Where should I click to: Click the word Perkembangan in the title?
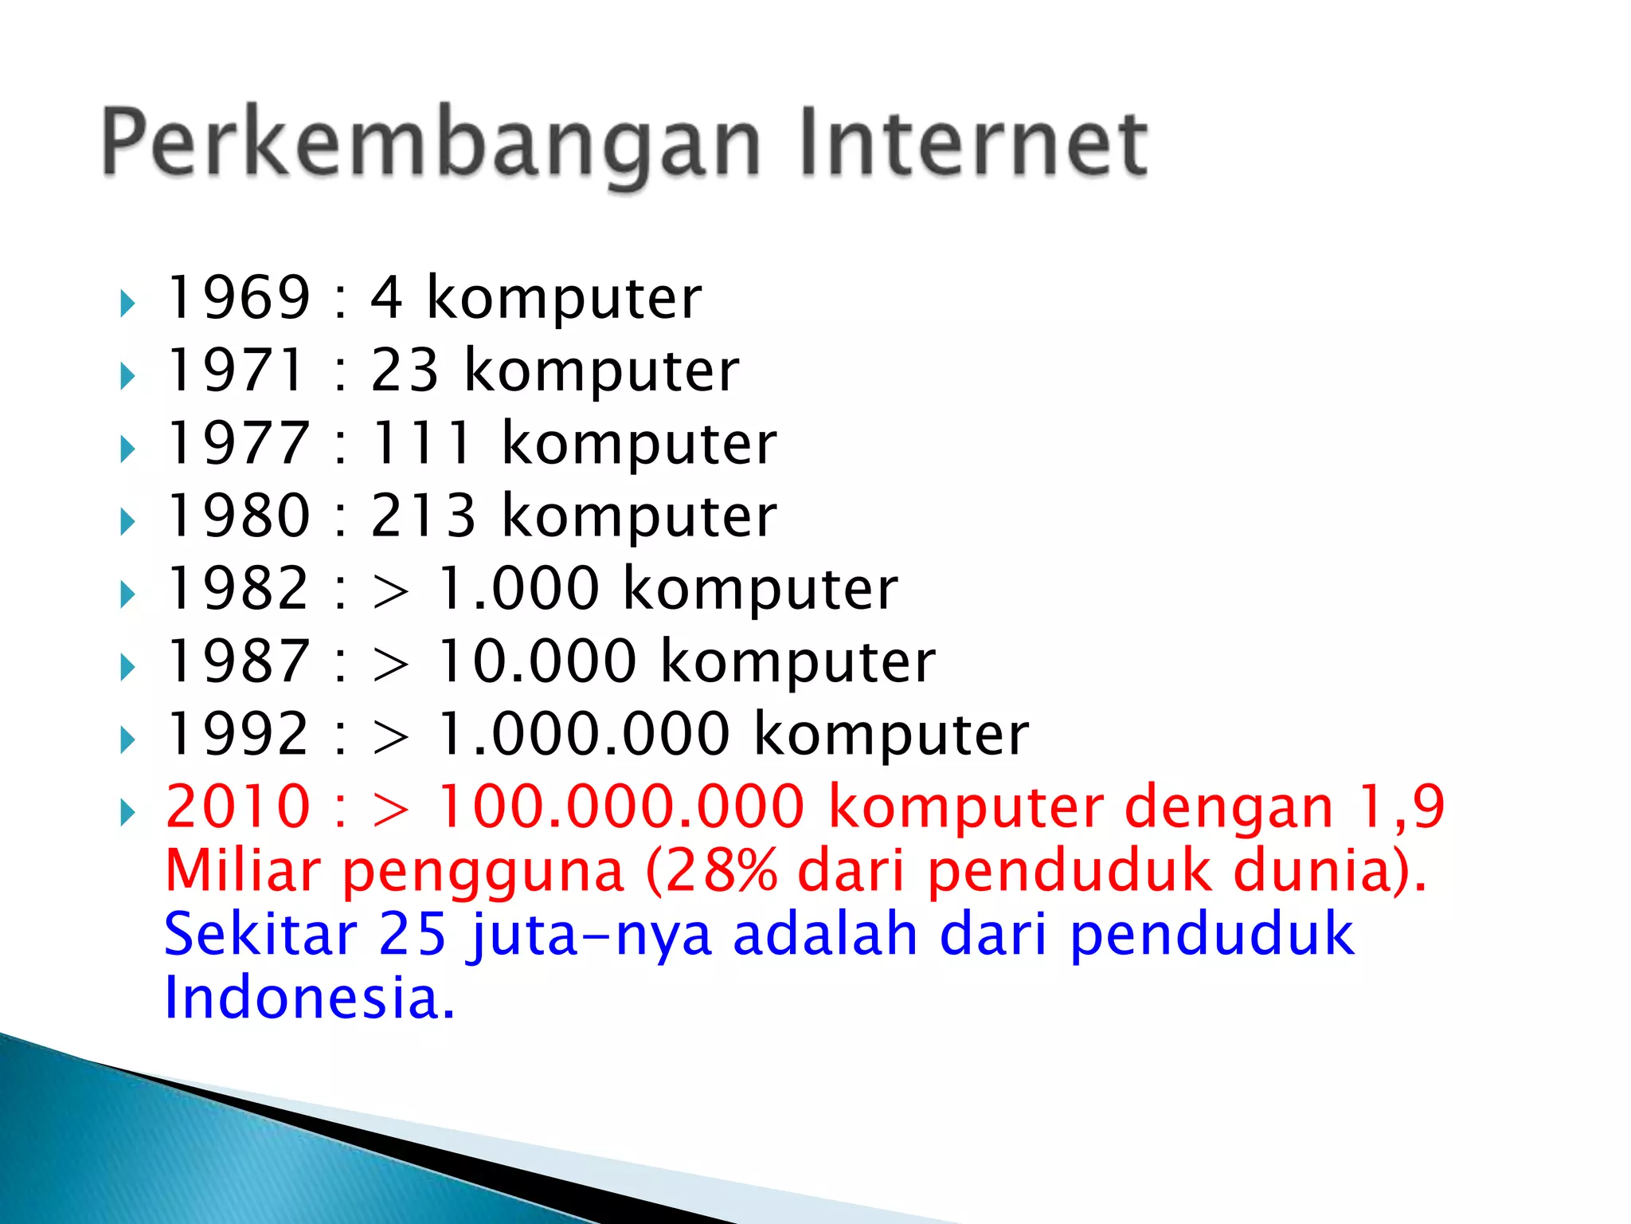click(x=431, y=143)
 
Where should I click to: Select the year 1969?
click(x=237, y=297)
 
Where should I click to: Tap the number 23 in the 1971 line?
click(x=405, y=371)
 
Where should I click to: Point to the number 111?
click(x=423, y=443)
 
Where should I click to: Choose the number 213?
click(x=423, y=516)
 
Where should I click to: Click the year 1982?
click(x=237, y=588)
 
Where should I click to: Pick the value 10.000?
click(x=538, y=661)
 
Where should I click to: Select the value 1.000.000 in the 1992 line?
click(x=584, y=733)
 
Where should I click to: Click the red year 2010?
click(x=237, y=806)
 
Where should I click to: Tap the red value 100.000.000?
click(x=621, y=806)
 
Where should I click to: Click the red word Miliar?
click(x=242, y=870)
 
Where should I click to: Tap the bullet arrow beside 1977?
click(x=127, y=449)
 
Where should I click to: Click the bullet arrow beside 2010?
click(x=127, y=813)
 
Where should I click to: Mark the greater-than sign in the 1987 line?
click(x=390, y=665)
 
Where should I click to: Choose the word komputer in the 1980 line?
click(x=639, y=516)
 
